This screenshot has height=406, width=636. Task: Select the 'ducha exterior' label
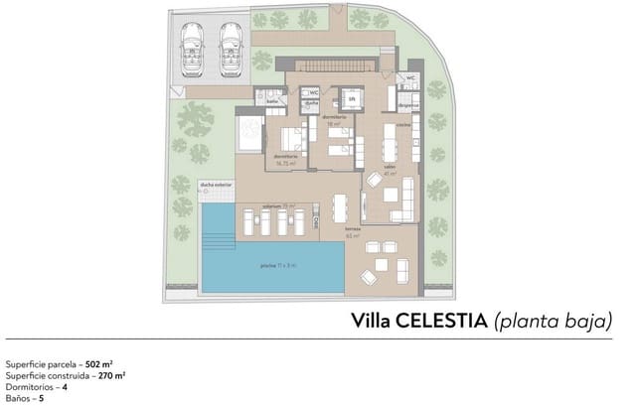(x=216, y=184)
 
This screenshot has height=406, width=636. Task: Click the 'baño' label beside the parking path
(x=271, y=100)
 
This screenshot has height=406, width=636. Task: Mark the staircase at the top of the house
(x=333, y=66)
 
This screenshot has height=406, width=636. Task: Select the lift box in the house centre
(x=351, y=99)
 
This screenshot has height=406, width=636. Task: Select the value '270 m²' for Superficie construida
(x=111, y=375)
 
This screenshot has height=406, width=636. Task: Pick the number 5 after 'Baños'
(x=41, y=397)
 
